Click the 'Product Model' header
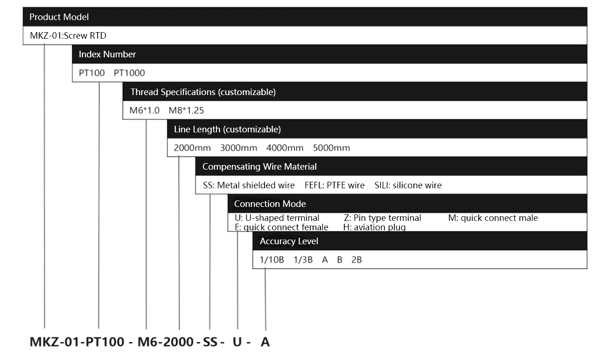[59, 17]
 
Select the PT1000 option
[129, 73]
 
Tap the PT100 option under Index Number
[92, 73]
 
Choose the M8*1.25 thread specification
[186, 110]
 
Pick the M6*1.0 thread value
[144, 110]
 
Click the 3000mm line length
[238, 148]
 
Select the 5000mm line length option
[331, 148]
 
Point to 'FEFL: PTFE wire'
[335, 185]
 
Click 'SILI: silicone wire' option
[408, 185]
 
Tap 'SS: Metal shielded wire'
[249, 185]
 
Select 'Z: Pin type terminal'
[383, 218]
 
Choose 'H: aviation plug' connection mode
[375, 227]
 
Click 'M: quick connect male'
[493, 218]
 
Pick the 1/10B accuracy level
[272, 260]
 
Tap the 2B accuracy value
[356, 260]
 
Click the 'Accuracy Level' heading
[289, 241]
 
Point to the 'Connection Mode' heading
[270, 204]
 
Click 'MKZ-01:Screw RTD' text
[68, 36]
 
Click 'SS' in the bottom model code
[210, 342]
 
